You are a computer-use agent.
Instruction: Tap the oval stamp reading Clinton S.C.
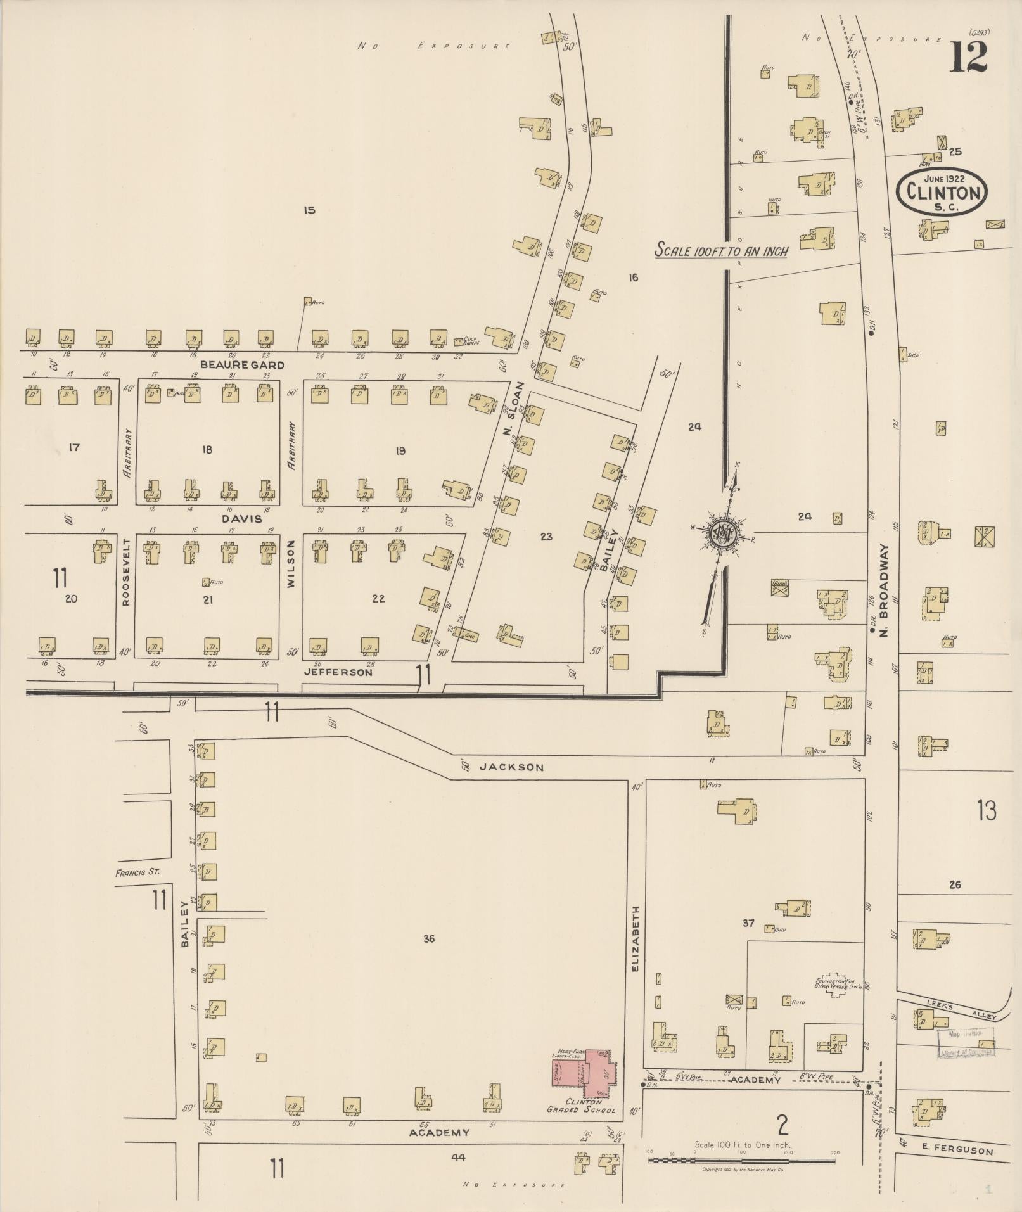(x=942, y=191)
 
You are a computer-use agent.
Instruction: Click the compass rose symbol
(x=721, y=532)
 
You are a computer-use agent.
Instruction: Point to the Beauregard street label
(x=242, y=365)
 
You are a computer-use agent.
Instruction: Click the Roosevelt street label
(x=125, y=572)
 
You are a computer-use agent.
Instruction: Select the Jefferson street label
(x=338, y=672)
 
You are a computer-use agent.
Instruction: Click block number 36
(x=429, y=938)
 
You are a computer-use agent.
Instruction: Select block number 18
(x=207, y=450)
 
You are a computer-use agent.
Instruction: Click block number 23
(x=546, y=537)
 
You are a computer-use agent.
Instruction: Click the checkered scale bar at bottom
(x=741, y=1161)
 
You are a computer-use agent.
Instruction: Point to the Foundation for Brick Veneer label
(x=837, y=985)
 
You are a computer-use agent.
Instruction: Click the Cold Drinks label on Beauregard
(x=470, y=341)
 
